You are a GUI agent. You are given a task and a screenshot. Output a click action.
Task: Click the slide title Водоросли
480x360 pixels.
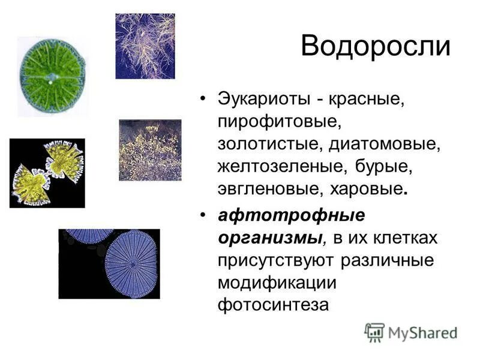click(375, 47)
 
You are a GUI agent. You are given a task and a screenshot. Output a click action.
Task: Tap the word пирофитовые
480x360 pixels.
click(278, 122)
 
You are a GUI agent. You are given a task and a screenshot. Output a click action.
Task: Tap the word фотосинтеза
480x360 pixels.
click(273, 305)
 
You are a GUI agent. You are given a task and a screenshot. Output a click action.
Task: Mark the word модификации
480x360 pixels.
click(276, 282)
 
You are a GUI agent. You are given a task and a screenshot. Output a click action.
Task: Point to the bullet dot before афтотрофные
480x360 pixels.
click(204, 215)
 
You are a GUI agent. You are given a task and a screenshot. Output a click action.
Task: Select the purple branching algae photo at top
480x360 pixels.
click(145, 46)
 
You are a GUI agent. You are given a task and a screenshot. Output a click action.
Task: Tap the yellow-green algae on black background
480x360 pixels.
click(47, 173)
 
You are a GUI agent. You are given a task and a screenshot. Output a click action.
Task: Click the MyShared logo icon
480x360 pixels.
click(374, 332)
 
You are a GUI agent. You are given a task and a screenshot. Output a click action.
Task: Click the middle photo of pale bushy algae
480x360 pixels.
click(149, 150)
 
